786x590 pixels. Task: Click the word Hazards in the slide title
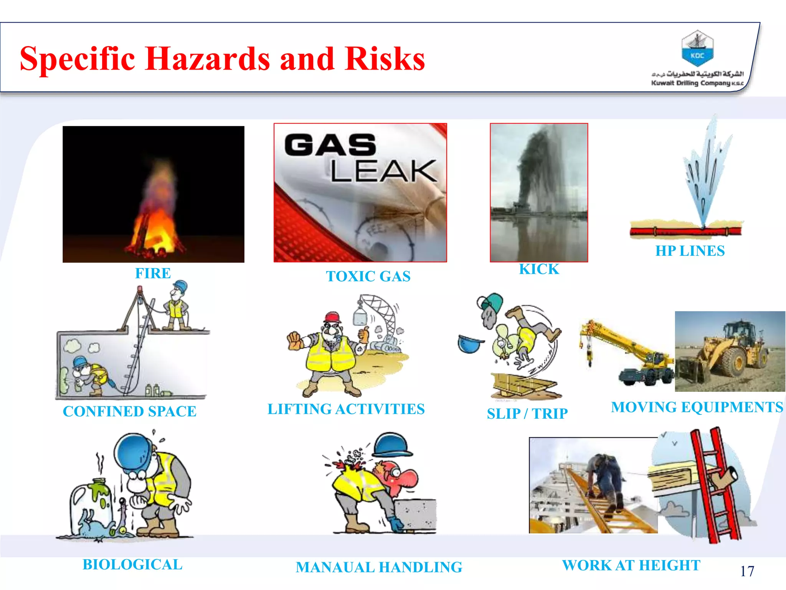pyautogui.click(x=207, y=58)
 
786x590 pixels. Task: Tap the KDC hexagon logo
pyautogui.click(x=697, y=49)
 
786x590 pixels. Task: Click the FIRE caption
pyautogui.click(x=153, y=273)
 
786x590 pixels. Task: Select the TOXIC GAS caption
pyautogui.click(x=368, y=276)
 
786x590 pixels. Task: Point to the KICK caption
pyautogui.click(x=539, y=269)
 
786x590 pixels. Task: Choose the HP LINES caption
pyautogui.click(x=690, y=251)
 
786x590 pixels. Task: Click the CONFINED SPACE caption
pyautogui.click(x=130, y=411)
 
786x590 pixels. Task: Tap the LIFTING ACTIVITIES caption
pyautogui.click(x=346, y=409)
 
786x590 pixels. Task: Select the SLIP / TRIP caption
pyautogui.click(x=527, y=414)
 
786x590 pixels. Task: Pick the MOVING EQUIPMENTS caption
pyautogui.click(x=697, y=407)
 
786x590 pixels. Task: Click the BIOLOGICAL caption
pyautogui.click(x=132, y=565)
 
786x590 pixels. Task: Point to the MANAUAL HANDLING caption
pyautogui.click(x=379, y=567)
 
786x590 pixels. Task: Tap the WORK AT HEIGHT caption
pyautogui.click(x=631, y=565)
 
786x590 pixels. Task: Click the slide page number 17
pyautogui.click(x=747, y=571)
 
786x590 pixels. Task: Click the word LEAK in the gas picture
pyautogui.click(x=383, y=171)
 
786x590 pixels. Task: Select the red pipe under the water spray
pyautogui.click(x=685, y=231)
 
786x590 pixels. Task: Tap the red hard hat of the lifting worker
pyautogui.click(x=332, y=317)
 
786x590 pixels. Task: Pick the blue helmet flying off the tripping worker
pyautogui.click(x=470, y=343)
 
